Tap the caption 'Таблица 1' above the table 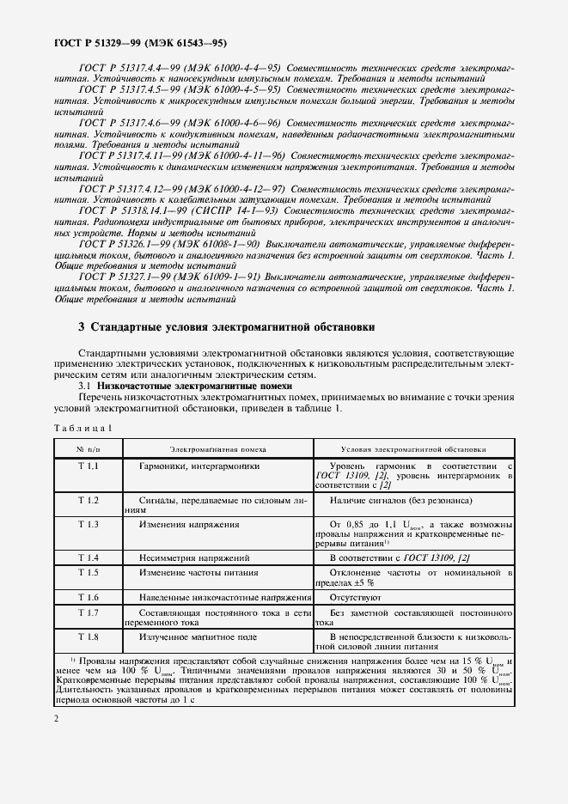pyautogui.click(x=83, y=428)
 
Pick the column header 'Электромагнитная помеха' pyautogui.click(x=217, y=448)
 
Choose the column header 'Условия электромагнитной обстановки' pyautogui.click(x=413, y=448)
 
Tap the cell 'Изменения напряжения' pyautogui.click(x=185, y=523)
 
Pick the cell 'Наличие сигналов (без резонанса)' pyautogui.click(x=400, y=500)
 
